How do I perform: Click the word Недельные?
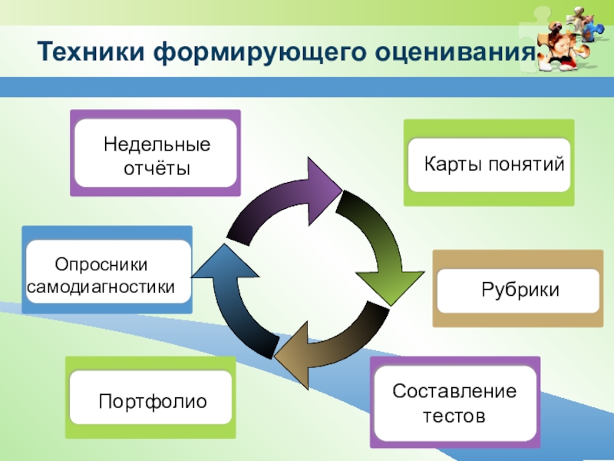pyautogui.click(x=157, y=145)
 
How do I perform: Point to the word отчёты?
pyautogui.click(x=157, y=167)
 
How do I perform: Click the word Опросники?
pyautogui.click(x=101, y=264)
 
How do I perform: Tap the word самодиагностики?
pyautogui.click(x=101, y=287)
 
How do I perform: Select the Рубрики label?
pyautogui.click(x=520, y=290)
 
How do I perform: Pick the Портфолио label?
pyautogui.click(x=153, y=400)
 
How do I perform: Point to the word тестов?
pyautogui.click(x=454, y=416)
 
